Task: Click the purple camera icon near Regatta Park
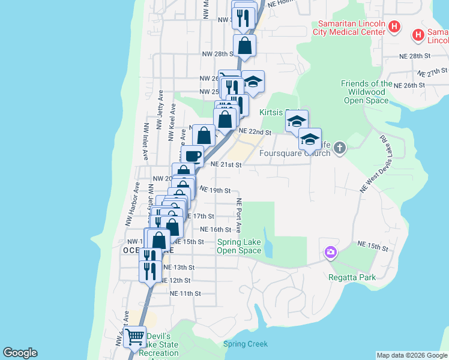coord(330,253)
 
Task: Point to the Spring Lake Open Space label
coord(239,246)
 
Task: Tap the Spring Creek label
coord(245,344)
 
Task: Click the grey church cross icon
coord(340,148)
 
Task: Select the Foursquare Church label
coord(295,153)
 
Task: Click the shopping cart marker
coord(135,337)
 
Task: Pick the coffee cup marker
coord(192,156)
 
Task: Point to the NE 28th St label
coord(415,55)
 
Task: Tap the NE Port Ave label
coord(238,215)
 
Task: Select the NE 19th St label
coord(215,190)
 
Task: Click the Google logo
coord(20,353)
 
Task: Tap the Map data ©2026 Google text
coord(411,355)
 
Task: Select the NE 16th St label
coord(215,229)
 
